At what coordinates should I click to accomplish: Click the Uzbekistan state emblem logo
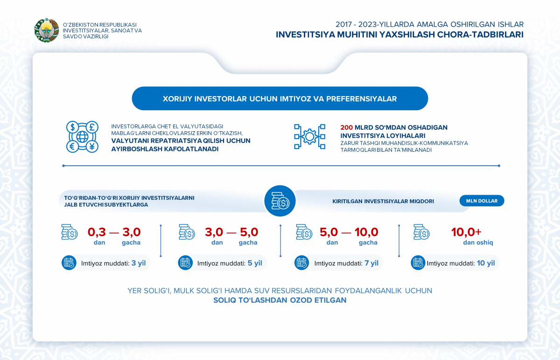[x=47, y=30]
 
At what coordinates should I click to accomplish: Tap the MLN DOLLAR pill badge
[x=482, y=201]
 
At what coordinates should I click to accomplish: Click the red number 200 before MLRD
[x=346, y=127]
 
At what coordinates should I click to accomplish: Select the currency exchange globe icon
[x=82, y=137]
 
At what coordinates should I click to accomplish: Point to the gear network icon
[x=309, y=137]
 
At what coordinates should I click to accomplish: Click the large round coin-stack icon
[x=280, y=201]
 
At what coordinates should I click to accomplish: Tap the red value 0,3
[x=97, y=232]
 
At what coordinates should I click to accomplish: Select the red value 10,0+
[x=466, y=232]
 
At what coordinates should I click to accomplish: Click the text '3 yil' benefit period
[x=139, y=263]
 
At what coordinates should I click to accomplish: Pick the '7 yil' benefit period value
[x=371, y=263]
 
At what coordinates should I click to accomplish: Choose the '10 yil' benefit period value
[x=486, y=263]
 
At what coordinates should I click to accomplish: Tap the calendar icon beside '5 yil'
[x=185, y=263]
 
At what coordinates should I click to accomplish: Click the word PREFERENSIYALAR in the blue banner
[x=361, y=99]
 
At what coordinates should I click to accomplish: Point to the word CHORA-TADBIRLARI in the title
[x=480, y=35]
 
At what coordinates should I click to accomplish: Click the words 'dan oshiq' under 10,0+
[x=478, y=242]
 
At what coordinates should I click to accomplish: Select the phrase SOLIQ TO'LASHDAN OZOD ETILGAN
[x=280, y=300]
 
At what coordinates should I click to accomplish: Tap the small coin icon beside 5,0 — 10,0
[x=304, y=232]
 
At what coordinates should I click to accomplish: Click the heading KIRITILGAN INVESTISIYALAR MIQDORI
[x=383, y=201]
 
